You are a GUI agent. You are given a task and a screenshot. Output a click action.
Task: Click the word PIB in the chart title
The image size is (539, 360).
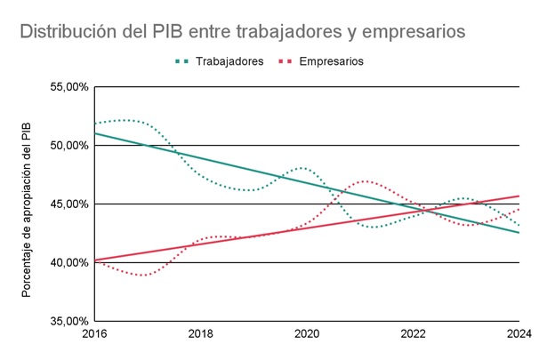tap(167, 32)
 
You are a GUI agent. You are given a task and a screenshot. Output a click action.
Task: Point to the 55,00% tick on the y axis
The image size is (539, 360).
tap(69, 87)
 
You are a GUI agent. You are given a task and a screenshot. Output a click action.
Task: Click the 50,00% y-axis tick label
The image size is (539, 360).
tap(69, 146)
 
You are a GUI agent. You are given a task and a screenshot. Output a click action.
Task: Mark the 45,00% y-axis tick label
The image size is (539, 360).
tap(69, 204)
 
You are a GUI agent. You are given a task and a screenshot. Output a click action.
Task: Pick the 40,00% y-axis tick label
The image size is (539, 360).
tap(69, 262)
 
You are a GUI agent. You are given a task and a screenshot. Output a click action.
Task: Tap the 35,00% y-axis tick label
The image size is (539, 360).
tap(69, 321)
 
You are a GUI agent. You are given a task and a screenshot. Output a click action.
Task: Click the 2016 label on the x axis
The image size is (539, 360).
tap(94, 334)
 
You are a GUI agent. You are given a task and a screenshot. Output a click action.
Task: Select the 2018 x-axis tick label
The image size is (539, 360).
tap(201, 334)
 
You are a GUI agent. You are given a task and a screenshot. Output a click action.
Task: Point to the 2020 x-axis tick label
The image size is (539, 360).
tap(307, 334)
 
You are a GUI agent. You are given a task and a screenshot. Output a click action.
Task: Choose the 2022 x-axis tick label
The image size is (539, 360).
tap(413, 334)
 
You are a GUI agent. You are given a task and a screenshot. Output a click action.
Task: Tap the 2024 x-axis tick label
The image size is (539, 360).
tap(519, 334)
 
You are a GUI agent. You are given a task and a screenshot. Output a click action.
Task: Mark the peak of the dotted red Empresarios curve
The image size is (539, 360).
tap(366, 181)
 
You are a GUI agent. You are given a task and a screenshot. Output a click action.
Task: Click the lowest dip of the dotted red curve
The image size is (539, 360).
tap(143, 276)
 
